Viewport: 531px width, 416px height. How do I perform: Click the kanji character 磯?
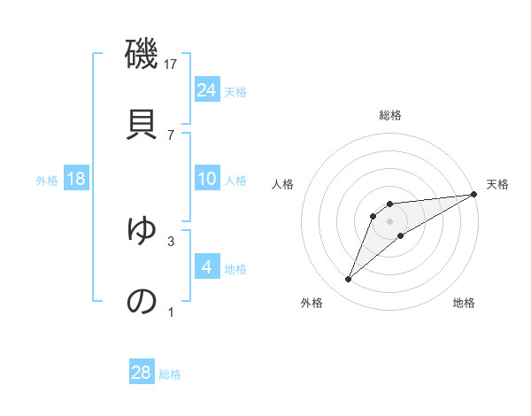pos(142,55)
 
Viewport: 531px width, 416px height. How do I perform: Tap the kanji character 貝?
pos(142,122)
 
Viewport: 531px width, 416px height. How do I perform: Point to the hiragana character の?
pos(142,301)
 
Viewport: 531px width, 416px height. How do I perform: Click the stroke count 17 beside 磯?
pos(172,65)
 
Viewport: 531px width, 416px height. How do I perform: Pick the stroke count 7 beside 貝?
pos(171,135)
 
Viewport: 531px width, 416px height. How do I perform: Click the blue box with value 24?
pos(206,90)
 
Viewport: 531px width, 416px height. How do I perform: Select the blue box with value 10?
pos(206,179)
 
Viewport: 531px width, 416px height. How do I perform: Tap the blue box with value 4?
pos(206,267)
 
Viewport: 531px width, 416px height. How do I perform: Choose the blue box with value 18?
pos(76,179)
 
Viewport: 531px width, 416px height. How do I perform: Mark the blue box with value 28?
pos(142,373)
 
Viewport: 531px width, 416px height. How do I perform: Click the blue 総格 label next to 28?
pos(170,374)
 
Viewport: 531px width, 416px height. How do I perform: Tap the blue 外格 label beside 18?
pos(47,181)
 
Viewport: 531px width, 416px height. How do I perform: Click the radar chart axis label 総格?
pos(389,116)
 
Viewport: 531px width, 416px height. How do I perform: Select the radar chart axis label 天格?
pos(497,184)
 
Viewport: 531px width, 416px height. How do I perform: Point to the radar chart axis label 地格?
pos(464,303)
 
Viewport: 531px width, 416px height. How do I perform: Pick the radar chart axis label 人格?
pos(283,184)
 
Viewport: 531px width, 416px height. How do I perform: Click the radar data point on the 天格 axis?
pos(474,194)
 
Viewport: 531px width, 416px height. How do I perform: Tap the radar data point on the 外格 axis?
pos(349,280)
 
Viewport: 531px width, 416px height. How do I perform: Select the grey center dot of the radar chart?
pos(389,221)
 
